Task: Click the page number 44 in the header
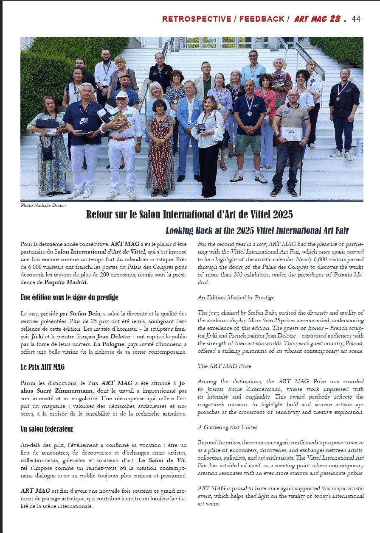[x=356, y=19]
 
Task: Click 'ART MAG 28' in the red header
[x=317, y=19]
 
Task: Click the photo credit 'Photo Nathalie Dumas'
[x=43, y=205]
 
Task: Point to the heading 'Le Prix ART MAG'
[x=42, y=367]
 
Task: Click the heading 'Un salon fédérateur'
[x=47, y=429]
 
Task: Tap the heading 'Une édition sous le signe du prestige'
[x=69, y=297]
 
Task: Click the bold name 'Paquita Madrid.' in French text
[x=66, y=282]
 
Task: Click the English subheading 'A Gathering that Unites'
[x=227, y=427]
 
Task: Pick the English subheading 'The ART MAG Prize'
[x=225, y=366]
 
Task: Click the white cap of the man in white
[x=121, y=94]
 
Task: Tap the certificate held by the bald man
[x=291, y=134]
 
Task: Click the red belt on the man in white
[x=122, y=139]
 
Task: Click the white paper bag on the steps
[x=360, y=147]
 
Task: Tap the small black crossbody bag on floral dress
[x=47, y=152]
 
